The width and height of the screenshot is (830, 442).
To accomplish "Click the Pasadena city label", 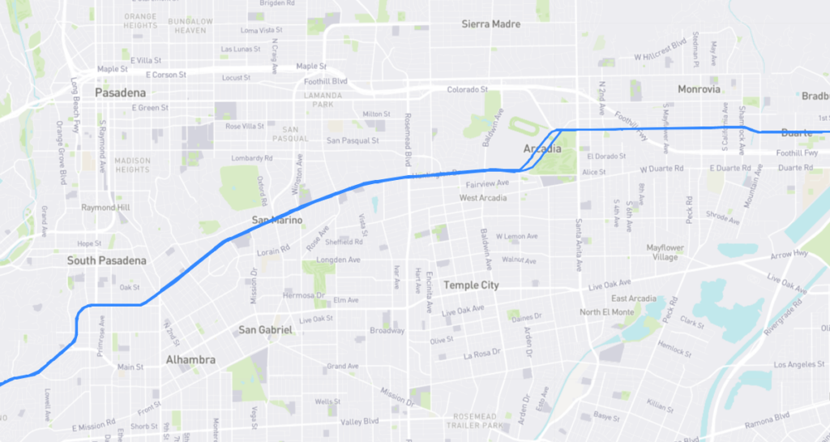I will tap(120, 93).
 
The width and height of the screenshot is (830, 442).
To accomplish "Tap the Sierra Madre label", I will tap(491, 24).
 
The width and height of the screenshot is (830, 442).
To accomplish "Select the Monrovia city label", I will tap(699, 89).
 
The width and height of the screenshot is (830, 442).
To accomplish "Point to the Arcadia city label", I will tap(543, 149).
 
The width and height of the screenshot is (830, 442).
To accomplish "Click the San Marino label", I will tap(277, 221).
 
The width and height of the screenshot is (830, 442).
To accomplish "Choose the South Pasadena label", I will tap(106, 260).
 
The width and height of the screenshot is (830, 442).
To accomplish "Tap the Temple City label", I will tap(471, 285).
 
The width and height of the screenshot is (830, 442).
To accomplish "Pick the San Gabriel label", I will tap(265, 330).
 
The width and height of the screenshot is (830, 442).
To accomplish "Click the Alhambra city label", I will tap(190, 359).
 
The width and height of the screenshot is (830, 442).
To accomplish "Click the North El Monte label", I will tap(607, 312).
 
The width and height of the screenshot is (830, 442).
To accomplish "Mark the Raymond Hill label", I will tap(105, 208).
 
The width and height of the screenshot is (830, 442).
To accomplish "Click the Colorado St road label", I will tap(468, 89).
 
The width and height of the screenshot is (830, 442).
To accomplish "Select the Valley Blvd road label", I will tap(360, 422).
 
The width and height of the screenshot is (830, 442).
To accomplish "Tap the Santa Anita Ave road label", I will tap(579, 244).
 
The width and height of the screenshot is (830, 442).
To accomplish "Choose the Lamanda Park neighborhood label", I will tap(318, 100).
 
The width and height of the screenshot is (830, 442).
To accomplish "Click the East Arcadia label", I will tap(634, 298).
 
